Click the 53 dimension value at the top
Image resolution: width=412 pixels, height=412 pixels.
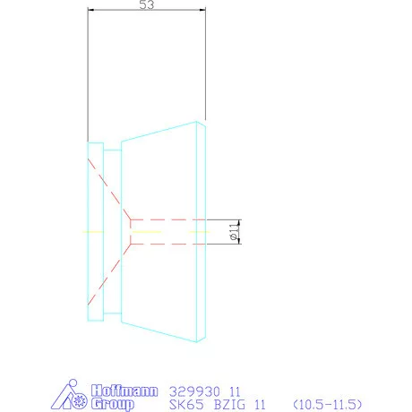148,6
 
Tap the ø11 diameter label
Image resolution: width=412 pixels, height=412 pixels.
235,231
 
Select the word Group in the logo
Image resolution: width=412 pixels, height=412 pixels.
113,404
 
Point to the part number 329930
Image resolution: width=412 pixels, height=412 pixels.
192,391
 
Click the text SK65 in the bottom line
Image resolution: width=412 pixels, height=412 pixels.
185,404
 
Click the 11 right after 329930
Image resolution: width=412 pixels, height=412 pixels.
236,391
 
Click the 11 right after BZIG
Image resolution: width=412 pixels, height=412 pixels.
262,404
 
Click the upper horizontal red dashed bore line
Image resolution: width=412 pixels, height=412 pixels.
170,219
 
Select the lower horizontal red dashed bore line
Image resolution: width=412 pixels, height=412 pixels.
170,242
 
